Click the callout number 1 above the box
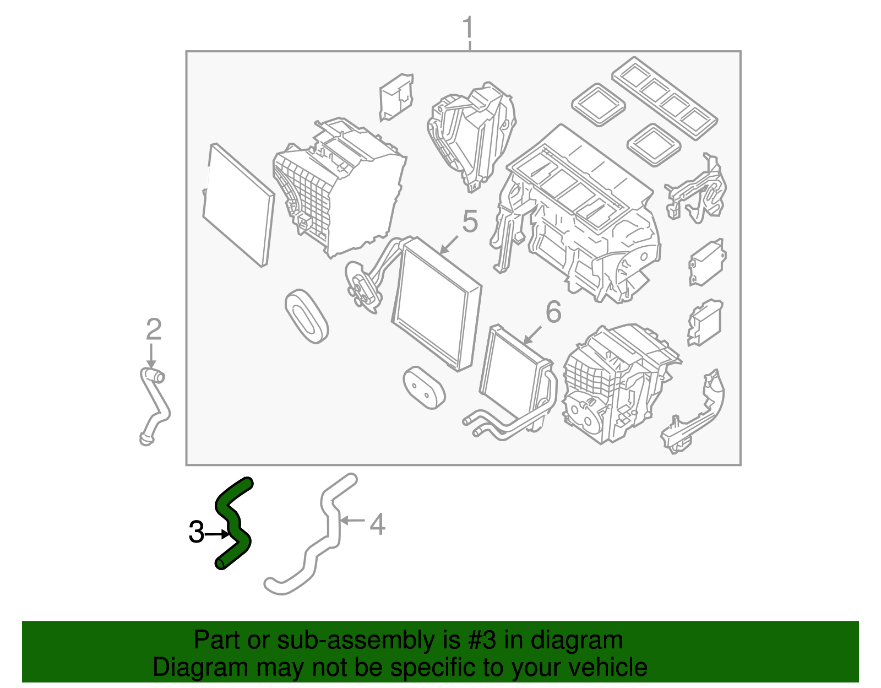click(x=468, y=27)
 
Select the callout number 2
click(x=154, y=329)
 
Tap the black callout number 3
click(x=197, y=532)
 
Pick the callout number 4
click(x=378, y=524)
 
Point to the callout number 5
click(x=470, y=221)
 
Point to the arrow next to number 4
click(x=352, y=520)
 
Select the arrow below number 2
click(x=151, y=355)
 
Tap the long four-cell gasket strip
click(x=665, y=98)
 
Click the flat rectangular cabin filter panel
click(x=238, y=205)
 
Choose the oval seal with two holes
click(x=424, y=388)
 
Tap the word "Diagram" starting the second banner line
click(x=200, y=668)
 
